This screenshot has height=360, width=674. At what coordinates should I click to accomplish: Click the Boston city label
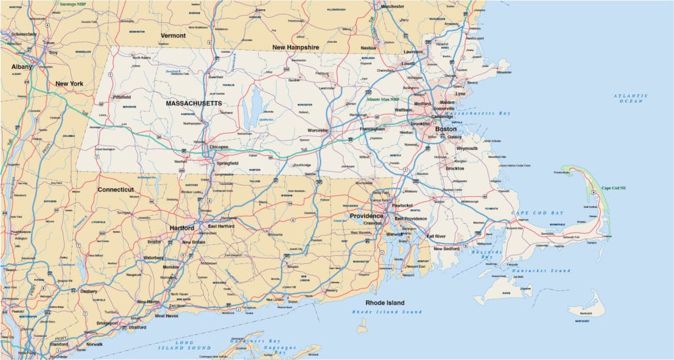click(x=446, y=130)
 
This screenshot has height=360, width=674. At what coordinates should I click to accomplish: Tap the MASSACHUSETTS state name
click(x=194, y=104)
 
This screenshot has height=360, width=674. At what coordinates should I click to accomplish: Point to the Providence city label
click(x=367, y=216)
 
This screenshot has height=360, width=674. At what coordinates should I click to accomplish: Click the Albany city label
click(x=22, y=67)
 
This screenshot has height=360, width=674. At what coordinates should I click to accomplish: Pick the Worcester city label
click(x=315, y=131)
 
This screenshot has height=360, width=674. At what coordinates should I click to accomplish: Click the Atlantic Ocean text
click(x=631, y=99)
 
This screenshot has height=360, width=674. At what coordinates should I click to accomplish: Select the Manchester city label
click(x=392, y=6)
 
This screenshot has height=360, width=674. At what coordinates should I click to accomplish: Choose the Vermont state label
click(x=173, y=35)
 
